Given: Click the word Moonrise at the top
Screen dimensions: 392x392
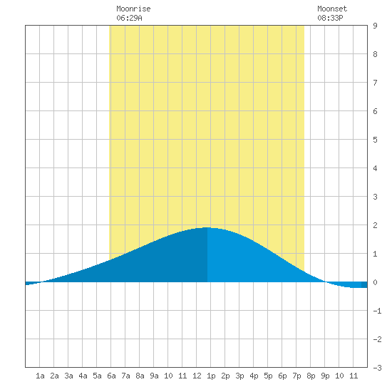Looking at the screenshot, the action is tap(133, 9).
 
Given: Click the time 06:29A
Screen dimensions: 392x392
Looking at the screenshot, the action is tap(129, 18).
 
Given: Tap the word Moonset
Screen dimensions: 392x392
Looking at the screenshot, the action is tap(332, 9).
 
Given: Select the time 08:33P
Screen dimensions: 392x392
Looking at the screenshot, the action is tap(330, 18).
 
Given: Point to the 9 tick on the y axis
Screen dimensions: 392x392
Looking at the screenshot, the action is tap(375, 26).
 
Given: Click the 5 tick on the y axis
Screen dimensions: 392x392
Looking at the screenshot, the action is tap(375, 140).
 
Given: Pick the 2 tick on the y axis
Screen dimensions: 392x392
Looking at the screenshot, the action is tap(375, 225).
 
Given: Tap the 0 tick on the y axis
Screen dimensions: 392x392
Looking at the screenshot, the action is tap(375, 282).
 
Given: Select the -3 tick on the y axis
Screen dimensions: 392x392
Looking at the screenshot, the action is tap(377, 368).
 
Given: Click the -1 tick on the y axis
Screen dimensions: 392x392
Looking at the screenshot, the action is tap(377, 311).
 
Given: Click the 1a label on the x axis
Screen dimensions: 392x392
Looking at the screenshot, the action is tap(40, 376).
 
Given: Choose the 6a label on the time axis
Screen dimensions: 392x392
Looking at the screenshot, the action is tap(111, 376).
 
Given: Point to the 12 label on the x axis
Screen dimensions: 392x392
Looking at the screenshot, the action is tap(197, 376).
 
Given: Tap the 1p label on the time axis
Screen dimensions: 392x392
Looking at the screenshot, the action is tap(211, 376).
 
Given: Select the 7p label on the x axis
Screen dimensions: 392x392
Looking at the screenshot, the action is tap(296, 376).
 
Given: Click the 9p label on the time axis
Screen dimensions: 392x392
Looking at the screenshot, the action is tap(325, 376).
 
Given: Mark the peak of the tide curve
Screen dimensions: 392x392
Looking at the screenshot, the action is tap(207, 227).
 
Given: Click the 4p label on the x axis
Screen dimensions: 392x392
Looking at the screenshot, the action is tap(254, 376).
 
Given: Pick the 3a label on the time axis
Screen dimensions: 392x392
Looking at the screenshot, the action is tap(68, 376).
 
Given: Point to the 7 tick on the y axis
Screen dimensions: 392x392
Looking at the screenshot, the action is tap(375, 83).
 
